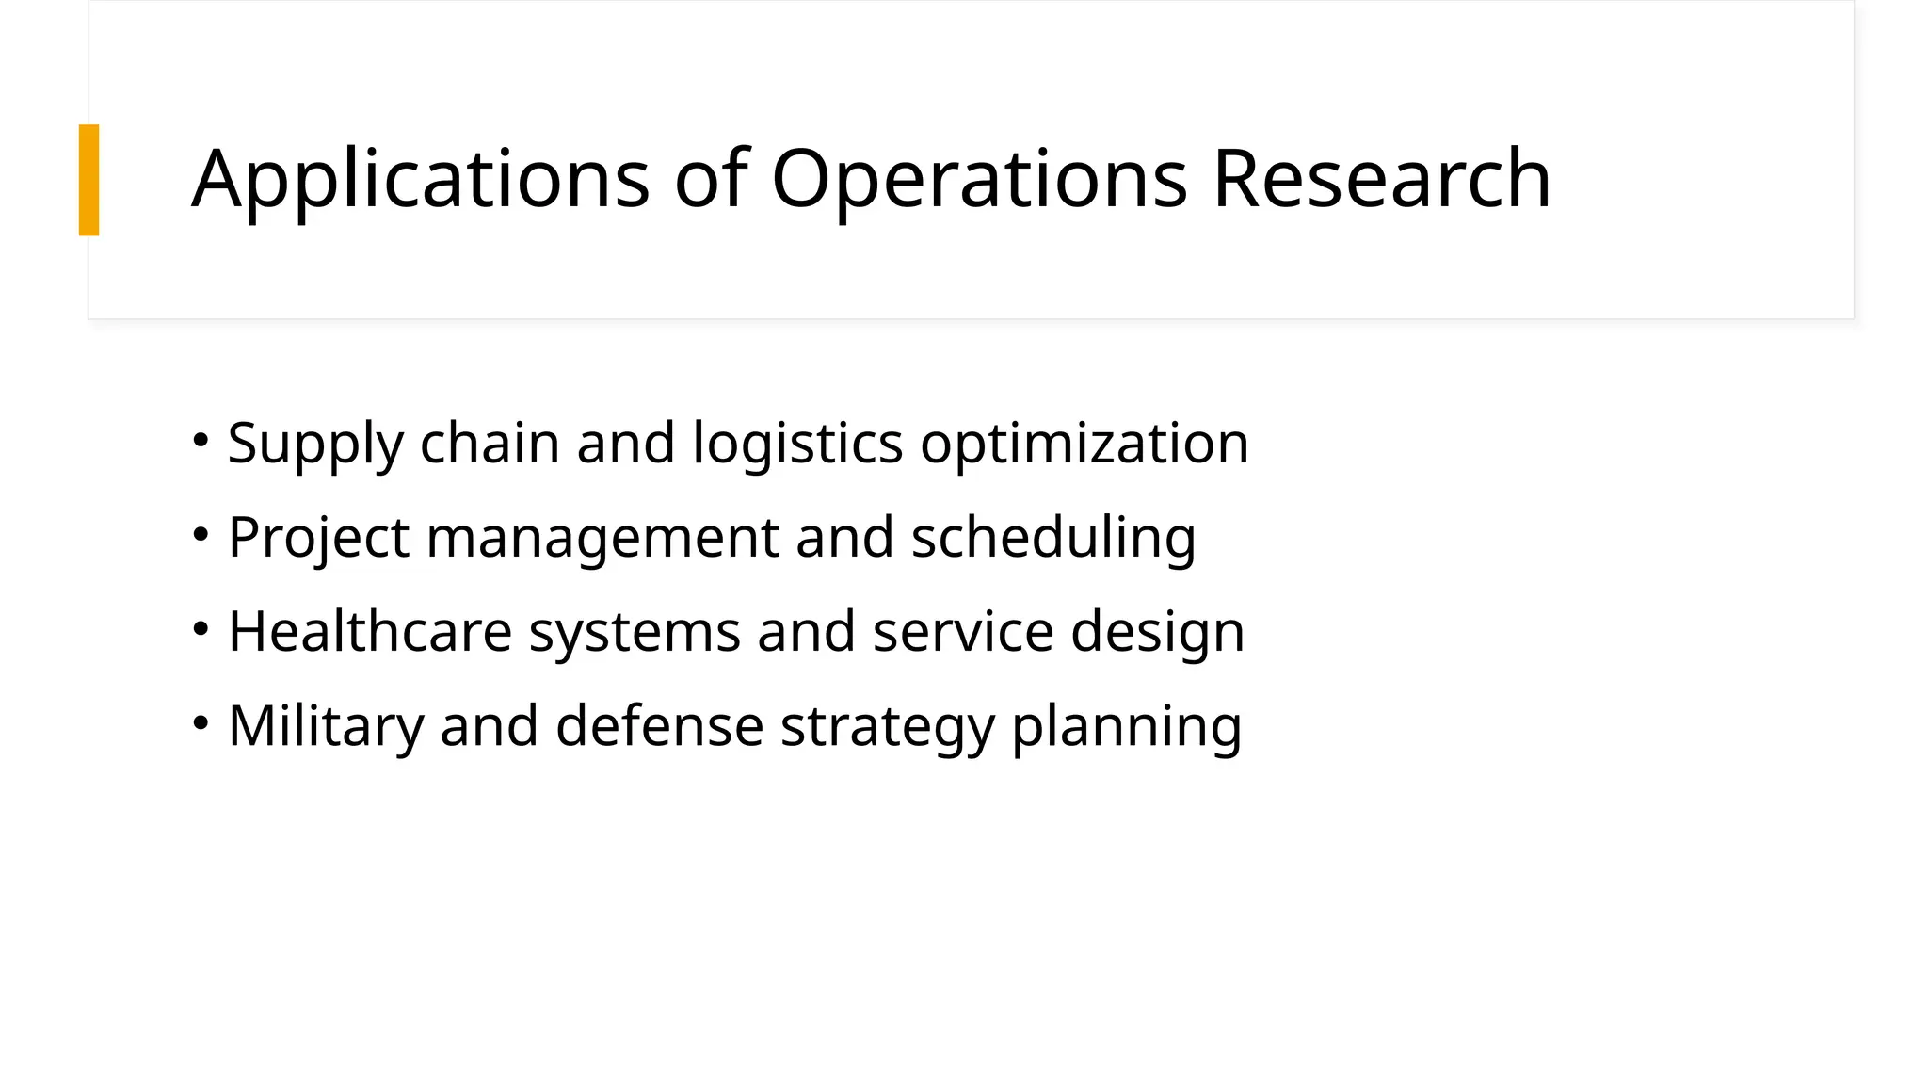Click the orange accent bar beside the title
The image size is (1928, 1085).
pos(88,180)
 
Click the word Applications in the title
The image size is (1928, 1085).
pos(420,179)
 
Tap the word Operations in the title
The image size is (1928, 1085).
pos(979,179)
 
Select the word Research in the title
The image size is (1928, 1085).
pos(1381,179)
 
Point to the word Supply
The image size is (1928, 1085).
pos(315,444)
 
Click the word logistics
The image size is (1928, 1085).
pos(797,444)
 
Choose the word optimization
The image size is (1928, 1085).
pos(1084,444)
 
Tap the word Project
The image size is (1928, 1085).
pos(318,538)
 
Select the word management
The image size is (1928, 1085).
pos(602,538)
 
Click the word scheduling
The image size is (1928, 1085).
pos(1052,538)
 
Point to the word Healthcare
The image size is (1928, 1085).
pos(369,631)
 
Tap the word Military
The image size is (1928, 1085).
pos(326,726)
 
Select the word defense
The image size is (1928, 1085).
pos(659,726)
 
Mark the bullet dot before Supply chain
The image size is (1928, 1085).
pos(201,440)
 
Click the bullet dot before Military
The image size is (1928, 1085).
pos(201,722)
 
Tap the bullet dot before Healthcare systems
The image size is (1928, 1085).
pos(201,628)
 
